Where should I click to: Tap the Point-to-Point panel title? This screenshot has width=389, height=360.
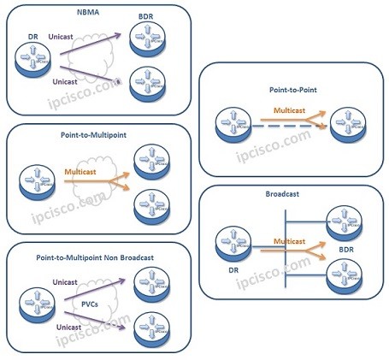tap(291, 87)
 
